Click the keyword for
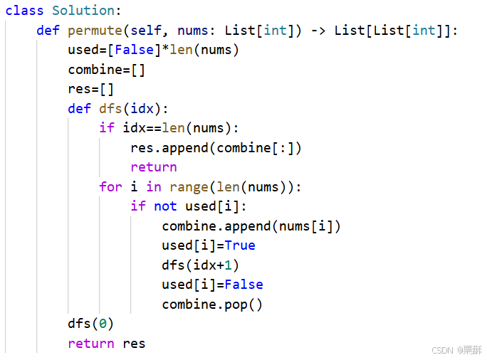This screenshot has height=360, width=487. click(x=111, y=186)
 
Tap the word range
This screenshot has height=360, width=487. click(x=189, y=186)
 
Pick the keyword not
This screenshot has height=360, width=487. click(x=165, y=206)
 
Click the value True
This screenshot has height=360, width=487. click(x=240, y=245)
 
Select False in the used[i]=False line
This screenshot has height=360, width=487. click(x=243, y=285)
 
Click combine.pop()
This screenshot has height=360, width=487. click(x=212, y=304)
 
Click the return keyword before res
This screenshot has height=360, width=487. click(x=91, y=344)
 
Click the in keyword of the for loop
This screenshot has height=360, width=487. click(x=154, y=186)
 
